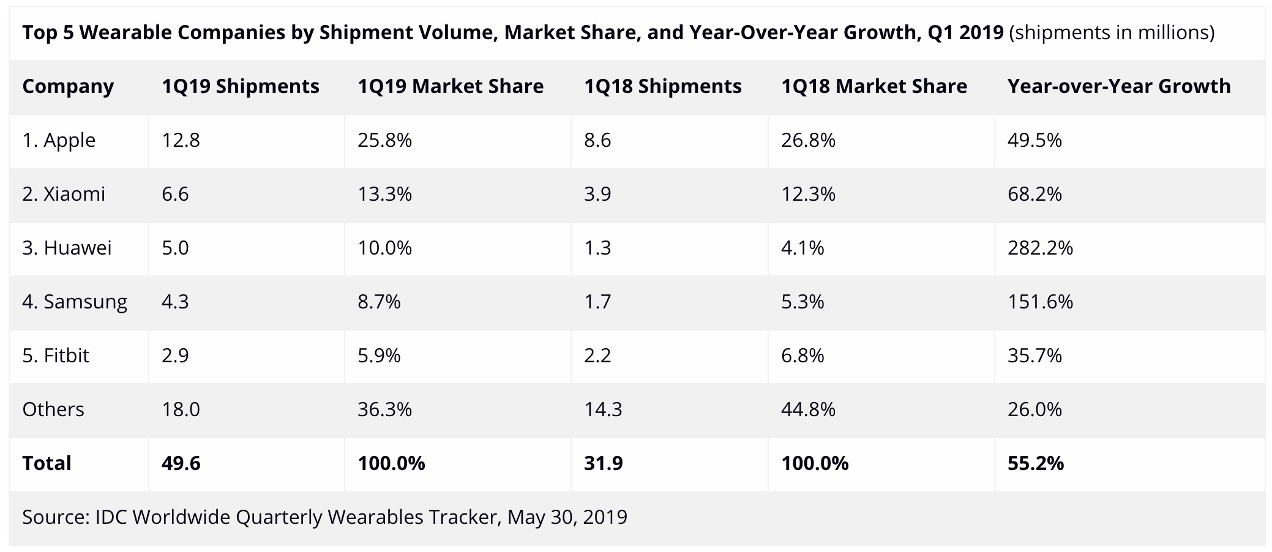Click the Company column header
68,87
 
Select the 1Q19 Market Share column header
451,87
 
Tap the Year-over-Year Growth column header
1119,87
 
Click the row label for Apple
59,141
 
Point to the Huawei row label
67,248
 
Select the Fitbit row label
56,356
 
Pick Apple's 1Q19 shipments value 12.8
181,141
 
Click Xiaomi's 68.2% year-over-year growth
1034,195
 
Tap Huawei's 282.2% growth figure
1040,248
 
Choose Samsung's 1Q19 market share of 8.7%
379,302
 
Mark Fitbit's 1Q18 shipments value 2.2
597,356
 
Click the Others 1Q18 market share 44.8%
808,409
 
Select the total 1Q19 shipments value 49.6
181,463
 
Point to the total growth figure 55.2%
1036,463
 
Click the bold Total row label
47,463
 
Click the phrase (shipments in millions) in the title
1111,32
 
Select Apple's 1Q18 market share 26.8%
808,141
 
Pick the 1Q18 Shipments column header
663,87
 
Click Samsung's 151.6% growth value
1040,302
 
